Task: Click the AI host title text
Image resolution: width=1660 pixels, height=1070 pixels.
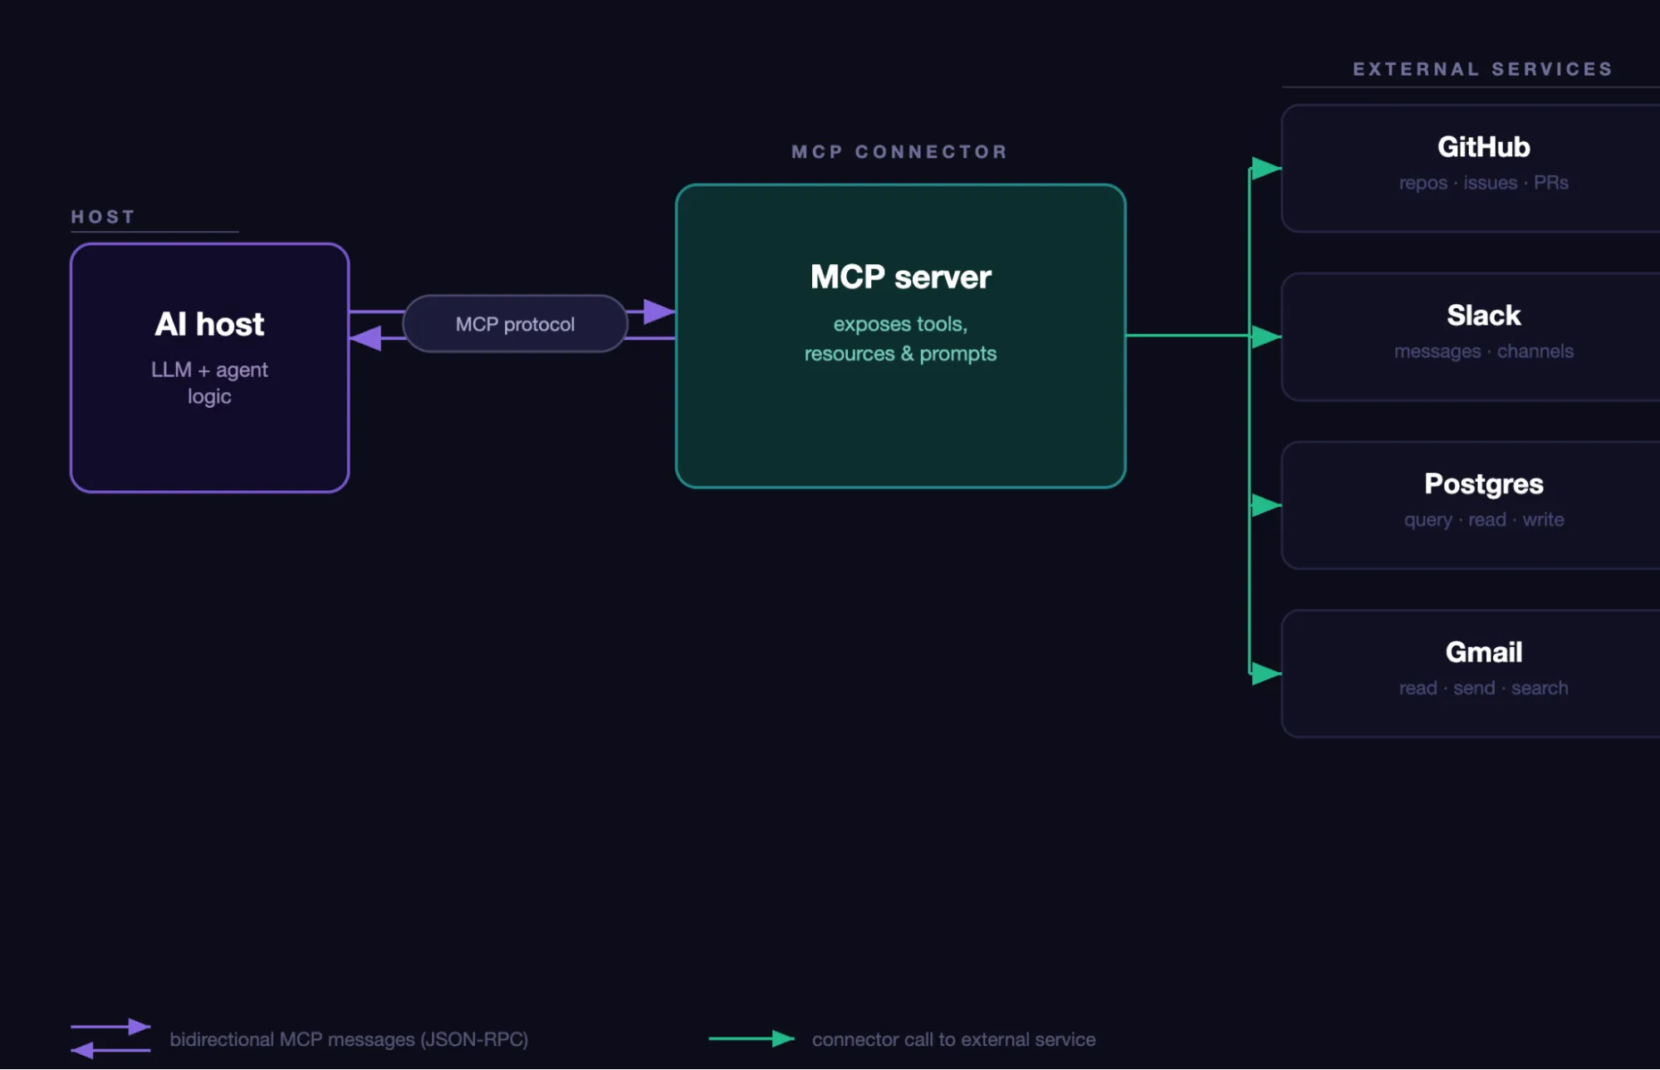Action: coord(209,324)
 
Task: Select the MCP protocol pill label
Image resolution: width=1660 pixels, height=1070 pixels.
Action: coord(515,324)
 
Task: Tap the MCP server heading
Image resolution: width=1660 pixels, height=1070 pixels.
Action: coord(900,277)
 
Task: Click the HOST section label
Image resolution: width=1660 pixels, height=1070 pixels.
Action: coord(103,217)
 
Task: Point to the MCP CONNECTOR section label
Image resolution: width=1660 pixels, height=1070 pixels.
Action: coord(899,152)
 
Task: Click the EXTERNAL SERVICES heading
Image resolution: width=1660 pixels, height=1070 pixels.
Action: coord(1482,69)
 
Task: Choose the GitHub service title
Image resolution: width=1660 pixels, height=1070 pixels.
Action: coord(1483,147)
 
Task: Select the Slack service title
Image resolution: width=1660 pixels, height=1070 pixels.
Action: coord(1483,316)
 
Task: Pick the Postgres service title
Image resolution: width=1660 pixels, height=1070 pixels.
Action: coord(1483,483)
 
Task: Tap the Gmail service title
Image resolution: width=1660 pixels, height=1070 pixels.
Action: coord(1483,652)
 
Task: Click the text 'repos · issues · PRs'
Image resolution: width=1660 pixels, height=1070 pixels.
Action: coord(1483,183)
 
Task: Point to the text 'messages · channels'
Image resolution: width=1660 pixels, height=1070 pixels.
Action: coord(1483,351)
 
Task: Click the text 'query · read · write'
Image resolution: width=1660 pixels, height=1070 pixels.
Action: coord(1483,520)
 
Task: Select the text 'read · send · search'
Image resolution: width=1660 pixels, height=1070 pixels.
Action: coord(1483,688)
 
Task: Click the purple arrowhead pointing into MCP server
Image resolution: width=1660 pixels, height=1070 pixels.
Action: coord(659,312)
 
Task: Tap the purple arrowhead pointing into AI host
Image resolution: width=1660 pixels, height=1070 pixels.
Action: coord(365,338)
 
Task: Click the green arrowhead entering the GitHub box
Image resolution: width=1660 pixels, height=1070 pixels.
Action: coord(1266,169)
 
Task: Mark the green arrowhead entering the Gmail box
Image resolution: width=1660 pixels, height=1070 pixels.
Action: coord(1266,673)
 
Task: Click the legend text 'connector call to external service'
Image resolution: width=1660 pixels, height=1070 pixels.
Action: coord(953,1039)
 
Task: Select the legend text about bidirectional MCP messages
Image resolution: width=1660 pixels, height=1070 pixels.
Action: coord(349,1039)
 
